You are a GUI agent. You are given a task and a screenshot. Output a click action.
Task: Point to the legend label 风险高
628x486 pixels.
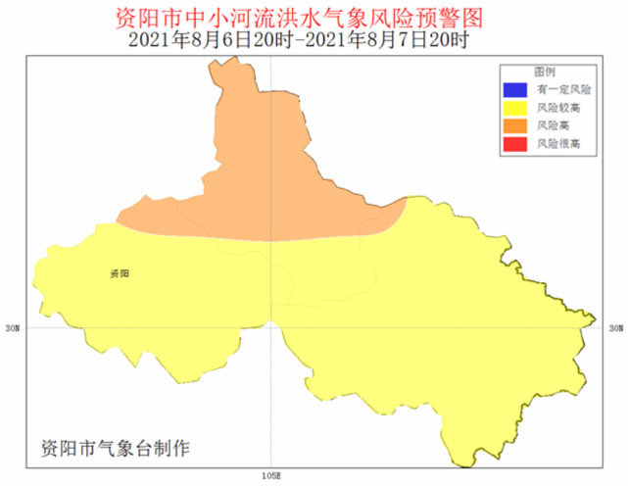(552, 125)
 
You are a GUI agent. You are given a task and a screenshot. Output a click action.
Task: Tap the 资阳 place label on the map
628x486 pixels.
(120, 273)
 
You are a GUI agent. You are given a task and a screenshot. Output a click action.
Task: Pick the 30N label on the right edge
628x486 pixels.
(614, 328)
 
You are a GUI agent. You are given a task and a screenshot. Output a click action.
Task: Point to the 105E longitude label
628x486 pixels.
(271, 475)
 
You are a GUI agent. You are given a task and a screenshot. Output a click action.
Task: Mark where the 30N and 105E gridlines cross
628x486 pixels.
(271, 327)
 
